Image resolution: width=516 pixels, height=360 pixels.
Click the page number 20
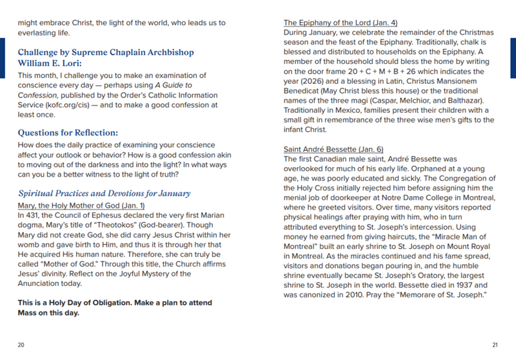(x=21, y=345)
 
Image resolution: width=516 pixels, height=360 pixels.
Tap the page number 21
(x=495, y=345)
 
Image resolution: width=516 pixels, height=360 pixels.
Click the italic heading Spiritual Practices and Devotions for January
(x=104, y=193)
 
